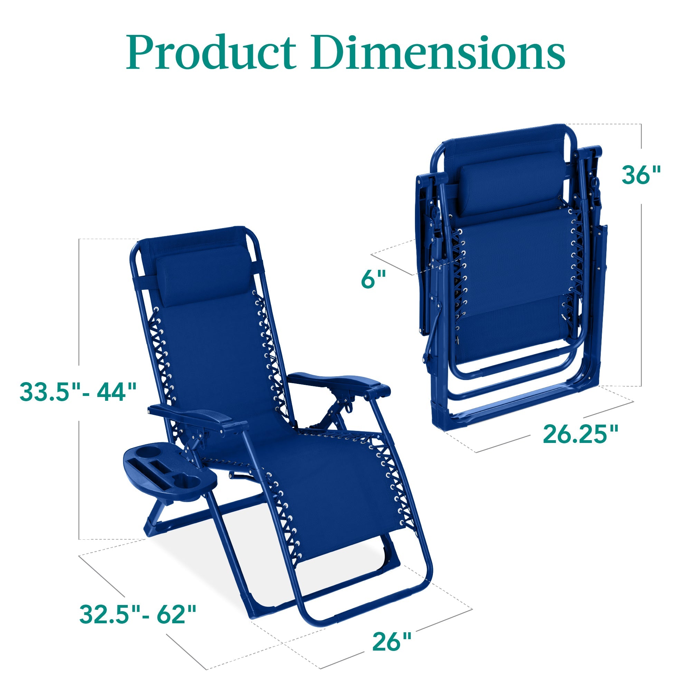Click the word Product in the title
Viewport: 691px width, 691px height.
pos(211,53)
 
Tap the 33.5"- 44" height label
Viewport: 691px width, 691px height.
pos(78,392)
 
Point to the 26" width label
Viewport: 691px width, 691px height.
pos(392,632)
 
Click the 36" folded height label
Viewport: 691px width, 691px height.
pos(641,175)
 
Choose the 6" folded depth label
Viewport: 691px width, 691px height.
pos(373,278)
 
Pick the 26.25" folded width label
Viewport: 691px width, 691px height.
pos(580,434)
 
